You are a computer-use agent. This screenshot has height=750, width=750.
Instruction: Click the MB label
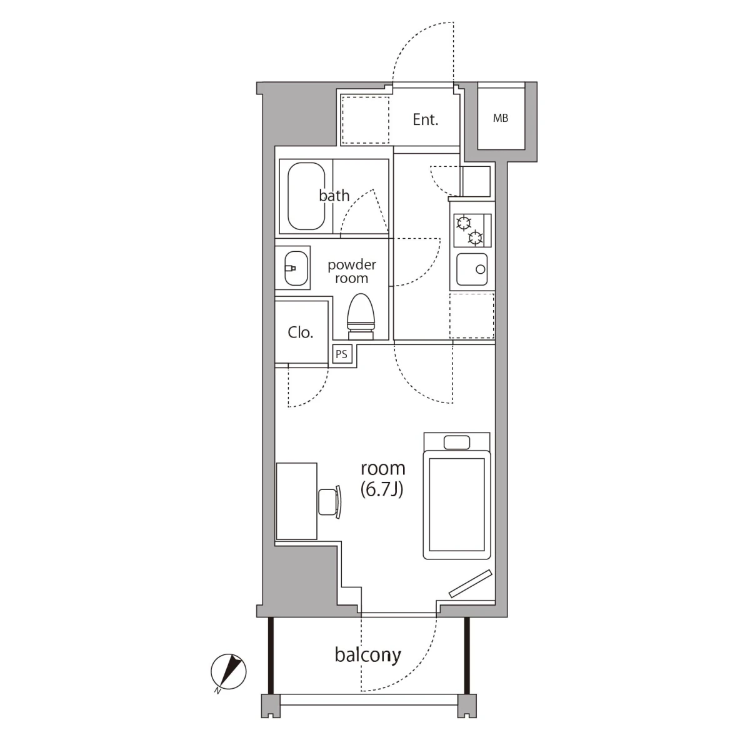point(501,118)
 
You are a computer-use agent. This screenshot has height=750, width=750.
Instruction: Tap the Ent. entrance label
point(426,120)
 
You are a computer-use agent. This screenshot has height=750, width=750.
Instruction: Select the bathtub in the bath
point(306,196)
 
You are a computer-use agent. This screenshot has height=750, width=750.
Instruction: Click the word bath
point(334,196)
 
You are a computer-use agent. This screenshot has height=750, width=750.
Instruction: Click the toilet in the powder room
point(361,316)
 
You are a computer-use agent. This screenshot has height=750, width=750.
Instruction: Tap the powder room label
point(351,271)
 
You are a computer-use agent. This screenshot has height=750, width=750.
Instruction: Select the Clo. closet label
point(301,332)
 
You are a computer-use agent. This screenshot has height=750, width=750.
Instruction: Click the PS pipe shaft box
point(342,354)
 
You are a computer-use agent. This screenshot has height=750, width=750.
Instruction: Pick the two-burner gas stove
point(472,231)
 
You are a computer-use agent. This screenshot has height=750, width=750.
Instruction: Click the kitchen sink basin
point(472,269)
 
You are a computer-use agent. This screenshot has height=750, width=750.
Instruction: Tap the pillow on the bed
point(456,442)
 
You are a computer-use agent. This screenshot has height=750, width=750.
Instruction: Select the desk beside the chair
point(297,501)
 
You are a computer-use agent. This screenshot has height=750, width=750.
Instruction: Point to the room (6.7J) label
point(382,479)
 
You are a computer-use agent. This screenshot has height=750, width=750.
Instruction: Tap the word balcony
point(367,655)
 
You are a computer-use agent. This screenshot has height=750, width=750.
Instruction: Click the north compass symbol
point(229,672)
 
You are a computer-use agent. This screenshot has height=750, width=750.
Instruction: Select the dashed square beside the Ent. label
point(366,120)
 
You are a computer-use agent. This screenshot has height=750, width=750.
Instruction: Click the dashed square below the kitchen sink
point(472,316)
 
